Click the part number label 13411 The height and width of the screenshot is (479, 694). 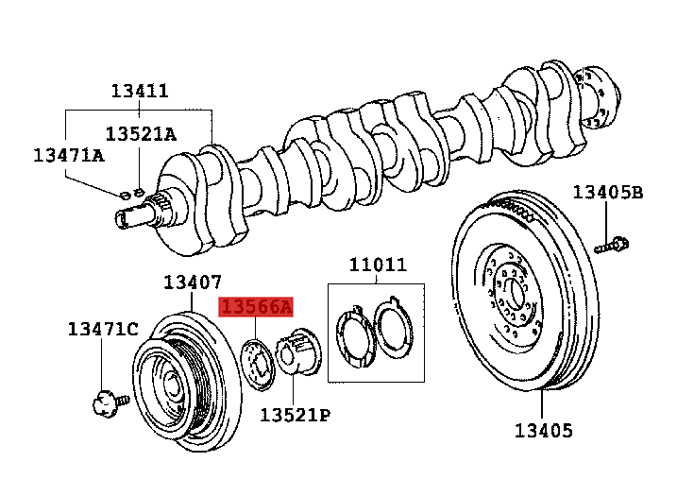140,91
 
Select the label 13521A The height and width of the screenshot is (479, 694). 140,134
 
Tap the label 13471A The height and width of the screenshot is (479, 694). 68,154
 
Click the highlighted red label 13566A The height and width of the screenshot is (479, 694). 257,306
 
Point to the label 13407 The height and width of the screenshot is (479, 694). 192,282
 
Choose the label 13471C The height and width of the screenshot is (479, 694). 102,329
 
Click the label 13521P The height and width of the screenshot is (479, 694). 295,414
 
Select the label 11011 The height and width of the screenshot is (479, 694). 378,265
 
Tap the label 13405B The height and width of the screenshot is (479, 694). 607,193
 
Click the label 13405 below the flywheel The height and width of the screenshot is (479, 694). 543,431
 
